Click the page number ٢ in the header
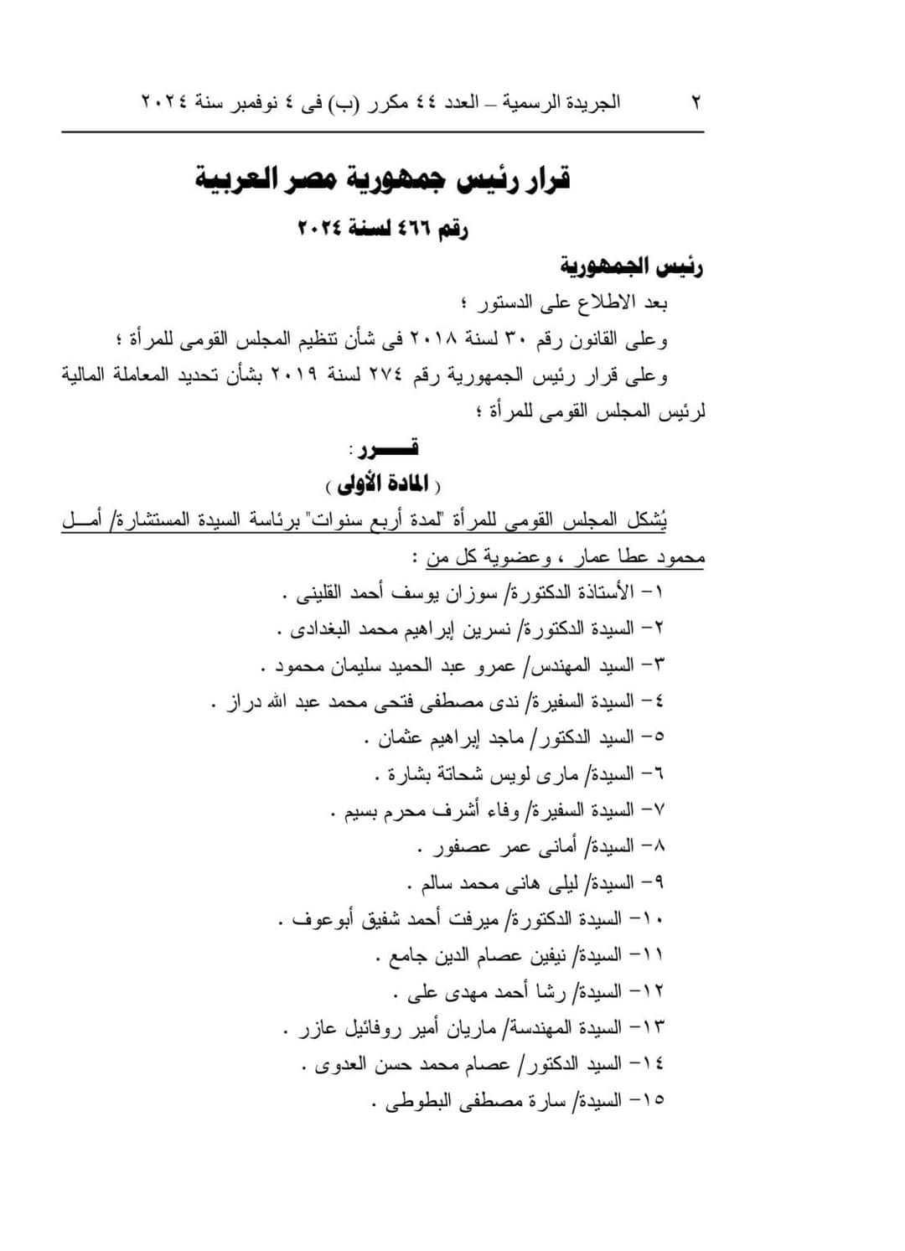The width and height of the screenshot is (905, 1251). [696, 102]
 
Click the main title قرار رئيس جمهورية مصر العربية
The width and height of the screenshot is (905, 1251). [382, 178]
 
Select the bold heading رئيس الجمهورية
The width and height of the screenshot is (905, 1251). [631, 266]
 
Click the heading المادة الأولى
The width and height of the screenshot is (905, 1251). [384, 484]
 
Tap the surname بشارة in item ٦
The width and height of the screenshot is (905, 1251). [410, 774]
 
